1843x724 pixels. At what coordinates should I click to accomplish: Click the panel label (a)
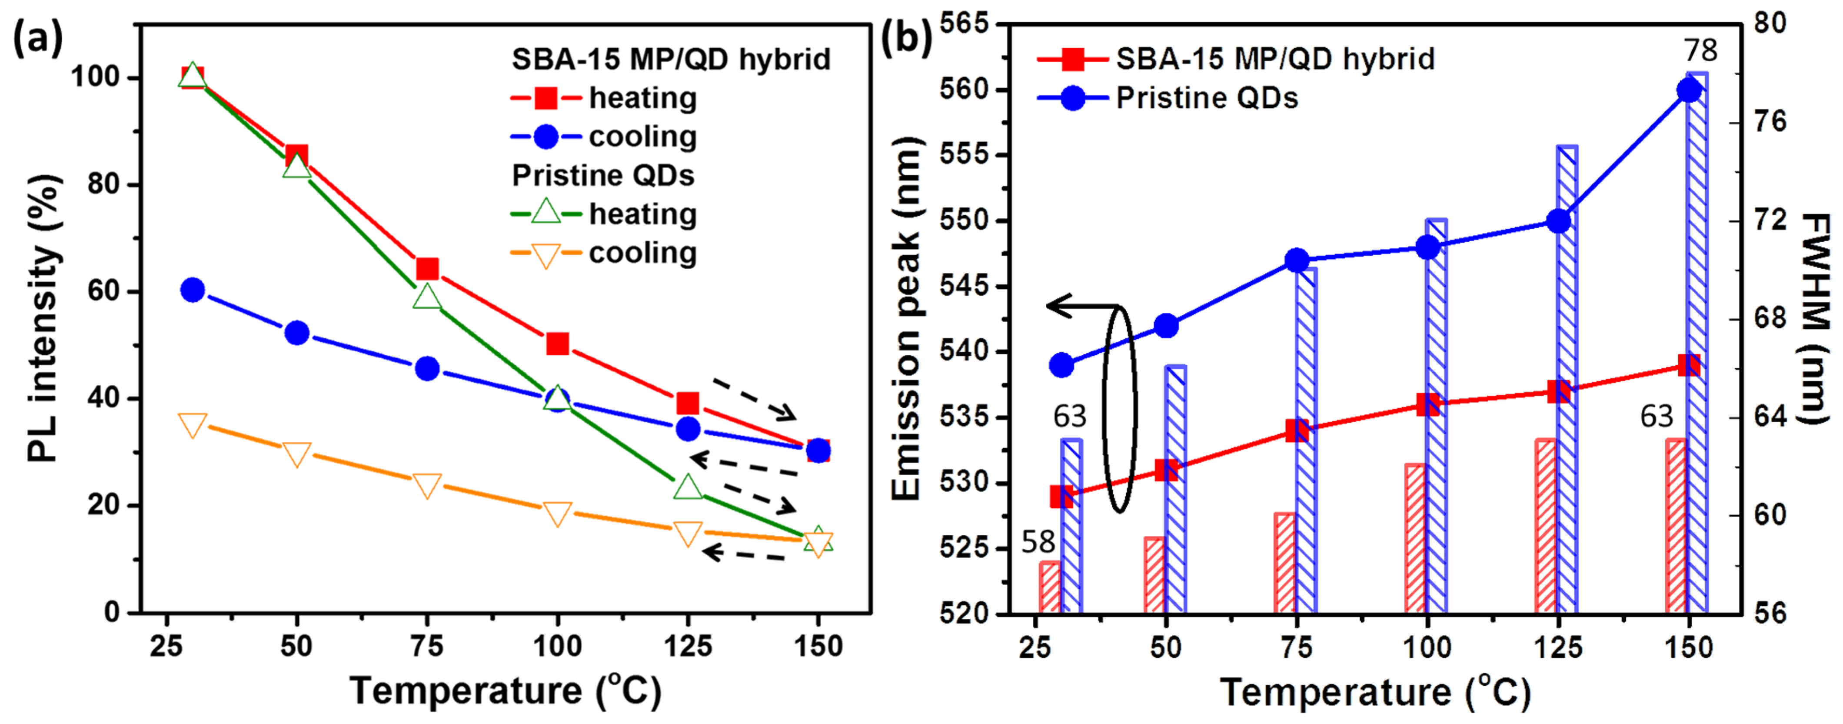[x=38, y=39]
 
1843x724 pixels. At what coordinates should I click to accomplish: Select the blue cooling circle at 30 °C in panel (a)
[x=193, y=290]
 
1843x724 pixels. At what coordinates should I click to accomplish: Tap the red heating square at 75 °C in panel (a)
[x=427, y=269]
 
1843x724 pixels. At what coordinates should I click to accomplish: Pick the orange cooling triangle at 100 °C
[x=557, y=513]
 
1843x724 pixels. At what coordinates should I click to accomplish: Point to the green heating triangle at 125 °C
[x=688, y=487]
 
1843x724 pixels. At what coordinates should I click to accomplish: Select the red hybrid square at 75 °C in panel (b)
[x=1297, y=430]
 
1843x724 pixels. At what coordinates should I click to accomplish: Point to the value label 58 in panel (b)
[x=1038, y=542]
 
